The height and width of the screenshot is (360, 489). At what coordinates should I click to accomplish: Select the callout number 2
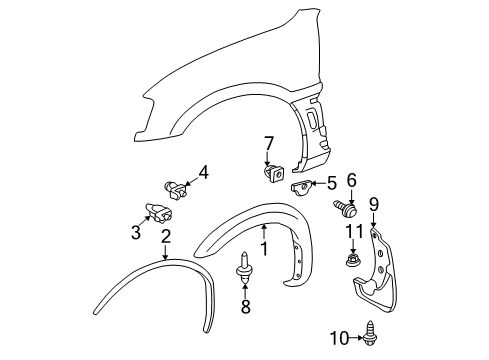(166, 237)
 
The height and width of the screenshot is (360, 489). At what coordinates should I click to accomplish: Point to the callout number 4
(203, 172)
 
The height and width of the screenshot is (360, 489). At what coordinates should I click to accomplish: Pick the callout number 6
(351, 181)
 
